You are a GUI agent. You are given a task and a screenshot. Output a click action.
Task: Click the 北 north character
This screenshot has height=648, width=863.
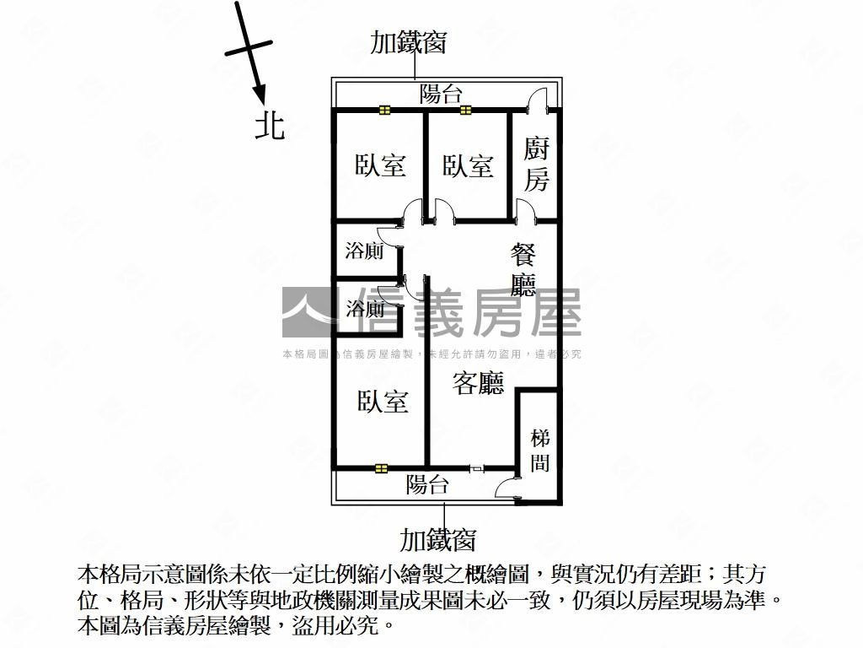270,127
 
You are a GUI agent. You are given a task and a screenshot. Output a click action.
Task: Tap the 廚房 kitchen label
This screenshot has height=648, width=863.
537,165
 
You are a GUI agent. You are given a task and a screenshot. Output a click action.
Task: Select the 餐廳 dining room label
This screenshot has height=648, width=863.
523,270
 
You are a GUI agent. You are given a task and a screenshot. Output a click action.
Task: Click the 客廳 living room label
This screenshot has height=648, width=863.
478,384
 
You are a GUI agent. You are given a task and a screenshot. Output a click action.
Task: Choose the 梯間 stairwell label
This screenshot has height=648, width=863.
540,451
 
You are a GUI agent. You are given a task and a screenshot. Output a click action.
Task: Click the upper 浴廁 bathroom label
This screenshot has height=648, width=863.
365,251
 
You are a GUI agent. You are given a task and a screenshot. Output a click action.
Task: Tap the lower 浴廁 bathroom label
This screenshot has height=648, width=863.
365,309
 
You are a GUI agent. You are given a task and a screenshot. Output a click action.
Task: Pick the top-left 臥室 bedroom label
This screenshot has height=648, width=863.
380,165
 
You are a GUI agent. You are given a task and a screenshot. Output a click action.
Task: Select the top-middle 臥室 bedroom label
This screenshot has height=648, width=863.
468,165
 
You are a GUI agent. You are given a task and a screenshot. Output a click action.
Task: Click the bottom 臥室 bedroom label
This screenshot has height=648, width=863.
382,402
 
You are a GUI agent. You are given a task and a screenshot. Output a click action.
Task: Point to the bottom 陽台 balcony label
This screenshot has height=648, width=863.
427,485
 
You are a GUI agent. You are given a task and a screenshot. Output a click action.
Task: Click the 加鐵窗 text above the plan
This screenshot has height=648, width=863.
408,42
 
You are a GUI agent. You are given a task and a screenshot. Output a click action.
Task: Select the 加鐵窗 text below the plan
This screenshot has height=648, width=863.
438,538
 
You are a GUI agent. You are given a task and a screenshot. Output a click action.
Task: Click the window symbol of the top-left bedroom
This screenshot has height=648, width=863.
385,109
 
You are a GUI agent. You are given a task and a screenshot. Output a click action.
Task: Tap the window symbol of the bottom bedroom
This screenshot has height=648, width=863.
382,467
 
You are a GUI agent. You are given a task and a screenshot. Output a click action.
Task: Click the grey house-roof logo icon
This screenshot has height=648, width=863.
307,312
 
